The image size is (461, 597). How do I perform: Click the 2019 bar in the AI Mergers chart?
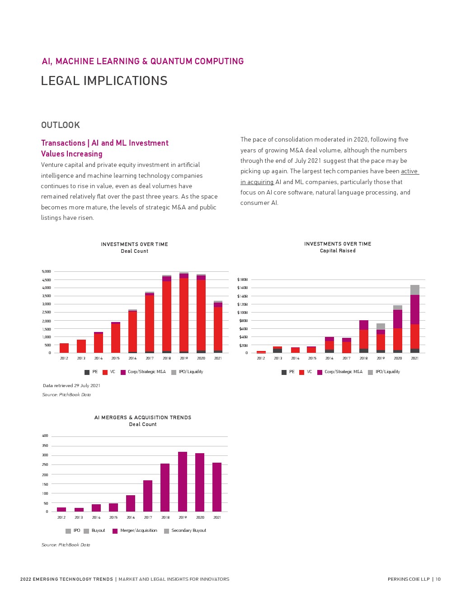(x=183, y=482)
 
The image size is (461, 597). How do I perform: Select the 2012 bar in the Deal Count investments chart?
(x=64, y=348)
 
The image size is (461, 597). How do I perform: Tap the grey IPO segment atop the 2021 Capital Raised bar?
(x=415, y=290)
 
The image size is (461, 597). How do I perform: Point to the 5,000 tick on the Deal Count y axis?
(x=47, y=271)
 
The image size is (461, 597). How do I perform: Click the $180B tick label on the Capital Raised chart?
(x=242, y=280)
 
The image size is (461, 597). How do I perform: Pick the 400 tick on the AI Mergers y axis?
(x=45, y=436)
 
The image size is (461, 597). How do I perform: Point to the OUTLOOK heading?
(x=61, y=125)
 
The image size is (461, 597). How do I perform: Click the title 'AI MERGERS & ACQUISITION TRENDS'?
(x=143, y=417)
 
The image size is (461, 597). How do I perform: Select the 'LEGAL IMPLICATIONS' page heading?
(x=104, y=81)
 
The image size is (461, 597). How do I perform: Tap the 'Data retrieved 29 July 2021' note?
(x=71, y=386)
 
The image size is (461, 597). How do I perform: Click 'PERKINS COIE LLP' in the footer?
(x=409, y=579)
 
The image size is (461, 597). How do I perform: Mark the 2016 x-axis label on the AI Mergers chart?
(x=131, y=517)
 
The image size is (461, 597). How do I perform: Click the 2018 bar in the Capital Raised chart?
(x=364, y=337)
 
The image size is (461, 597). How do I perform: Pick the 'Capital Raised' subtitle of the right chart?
(x=338, y=251)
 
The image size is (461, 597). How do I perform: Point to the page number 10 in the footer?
(x=438, y=579)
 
